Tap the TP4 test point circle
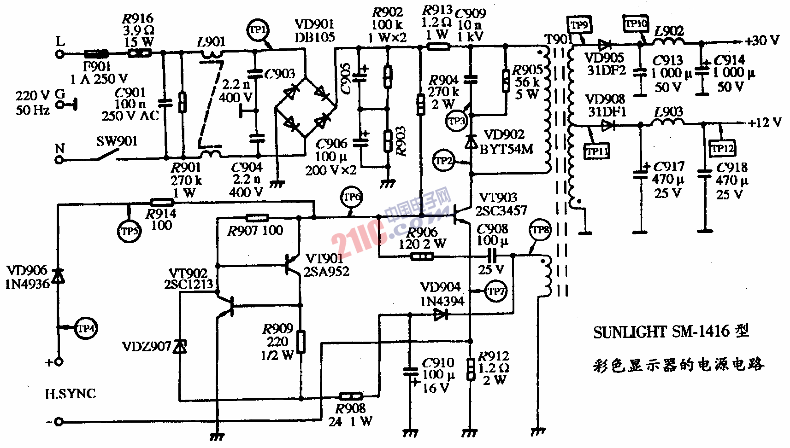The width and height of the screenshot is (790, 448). click(85, 329)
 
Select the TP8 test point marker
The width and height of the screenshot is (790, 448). click(540, 230)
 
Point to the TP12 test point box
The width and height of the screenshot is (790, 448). click(722, 148)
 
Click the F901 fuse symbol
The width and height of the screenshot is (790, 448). click(96, 54)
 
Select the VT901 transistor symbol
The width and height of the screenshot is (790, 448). click(292, 266)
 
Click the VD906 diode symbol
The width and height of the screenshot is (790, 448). click(58, 276)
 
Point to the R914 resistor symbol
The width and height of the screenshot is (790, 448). click(162, 202)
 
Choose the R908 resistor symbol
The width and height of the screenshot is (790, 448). click(351, 396)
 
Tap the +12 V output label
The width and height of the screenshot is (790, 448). click(765, 123)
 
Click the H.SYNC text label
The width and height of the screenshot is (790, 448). click(71, 394)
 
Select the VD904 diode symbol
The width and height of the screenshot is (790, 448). click(441, 315)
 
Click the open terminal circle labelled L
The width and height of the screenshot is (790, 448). click(59, 54)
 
